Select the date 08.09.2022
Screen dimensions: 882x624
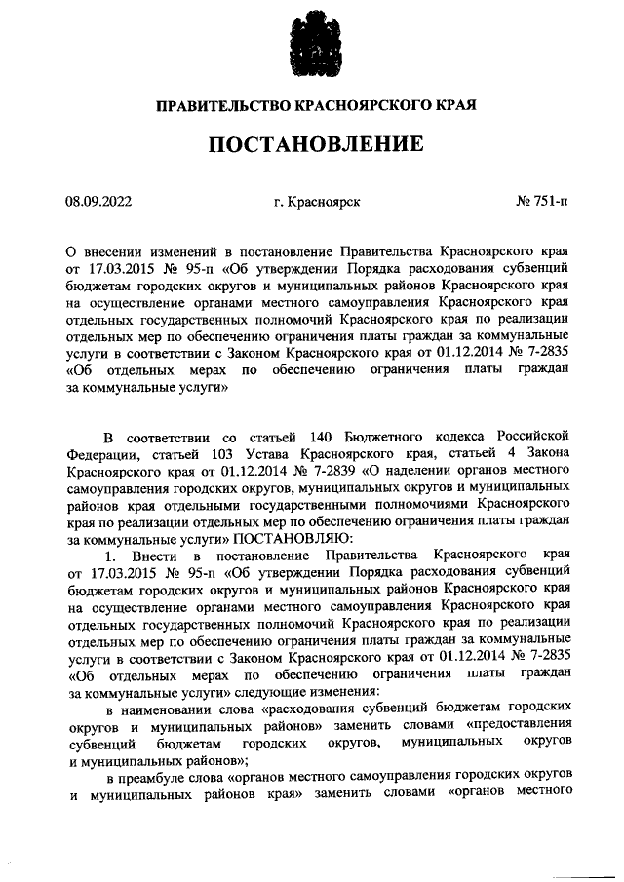[98, 202]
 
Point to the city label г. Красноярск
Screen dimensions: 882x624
[317, 202]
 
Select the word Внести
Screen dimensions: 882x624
[156, 555]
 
